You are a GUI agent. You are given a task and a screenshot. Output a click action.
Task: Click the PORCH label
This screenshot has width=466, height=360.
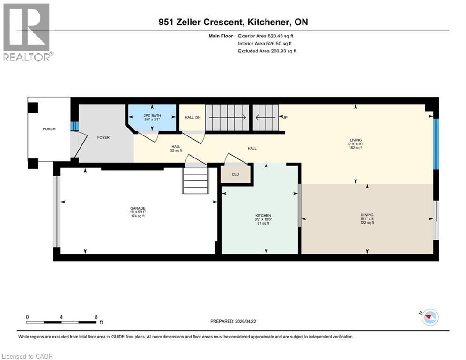click(x=49, y=129)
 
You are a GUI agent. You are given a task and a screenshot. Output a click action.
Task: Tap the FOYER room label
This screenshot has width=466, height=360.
click(x=103, y=138)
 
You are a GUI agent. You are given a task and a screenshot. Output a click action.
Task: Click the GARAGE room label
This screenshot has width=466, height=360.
click(x=138, y=208)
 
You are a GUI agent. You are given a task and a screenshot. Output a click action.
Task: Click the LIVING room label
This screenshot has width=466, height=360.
click(x=355, y=140)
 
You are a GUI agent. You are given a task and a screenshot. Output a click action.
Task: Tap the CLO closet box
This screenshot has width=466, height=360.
click(x=236, y=174)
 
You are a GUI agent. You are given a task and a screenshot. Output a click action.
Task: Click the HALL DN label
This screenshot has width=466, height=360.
click(x=192, y=118)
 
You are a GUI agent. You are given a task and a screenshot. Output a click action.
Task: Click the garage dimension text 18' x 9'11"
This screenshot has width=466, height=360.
click(x=138, y=212)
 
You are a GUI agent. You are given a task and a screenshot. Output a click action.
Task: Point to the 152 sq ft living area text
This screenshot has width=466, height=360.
click(x=355, y=148)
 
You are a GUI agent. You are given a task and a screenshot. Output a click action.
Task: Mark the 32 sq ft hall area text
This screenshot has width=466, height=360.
click(x=176, y=151)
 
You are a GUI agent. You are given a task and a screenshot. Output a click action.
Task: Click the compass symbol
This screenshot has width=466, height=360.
click(x=429, y=318)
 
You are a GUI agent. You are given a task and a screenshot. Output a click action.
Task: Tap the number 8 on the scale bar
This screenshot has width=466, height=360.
click(x=96, y=317)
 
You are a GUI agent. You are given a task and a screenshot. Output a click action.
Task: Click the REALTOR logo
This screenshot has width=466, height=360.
click(x=27, y=32)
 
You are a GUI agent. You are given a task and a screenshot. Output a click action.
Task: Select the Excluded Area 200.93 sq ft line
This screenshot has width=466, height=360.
click(x=267, y=51)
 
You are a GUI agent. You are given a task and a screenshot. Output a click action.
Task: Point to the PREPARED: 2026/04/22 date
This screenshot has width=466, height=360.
click(x=233, y=321)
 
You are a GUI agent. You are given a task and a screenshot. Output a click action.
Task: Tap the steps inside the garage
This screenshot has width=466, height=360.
click(x=196, y=180)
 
